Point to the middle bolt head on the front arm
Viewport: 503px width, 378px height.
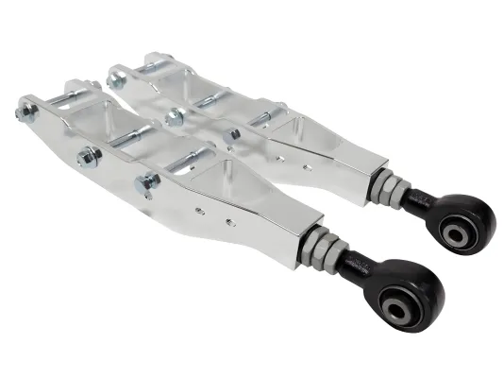[86, 153]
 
